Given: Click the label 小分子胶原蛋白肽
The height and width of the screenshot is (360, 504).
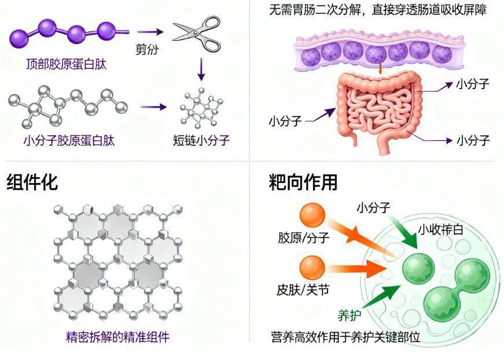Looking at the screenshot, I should (69, 141).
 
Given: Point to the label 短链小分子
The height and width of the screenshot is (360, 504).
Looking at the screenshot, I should (202, 141).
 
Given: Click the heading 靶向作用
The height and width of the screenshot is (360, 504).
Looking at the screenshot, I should (303, 182).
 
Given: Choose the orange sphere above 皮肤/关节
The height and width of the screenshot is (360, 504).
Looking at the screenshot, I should (312, 267).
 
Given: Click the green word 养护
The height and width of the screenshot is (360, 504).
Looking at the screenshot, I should (350, 315).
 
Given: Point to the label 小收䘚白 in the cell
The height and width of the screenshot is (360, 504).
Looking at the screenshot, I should (441, 230).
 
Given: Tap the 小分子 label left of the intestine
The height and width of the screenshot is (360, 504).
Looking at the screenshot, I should (285, 122).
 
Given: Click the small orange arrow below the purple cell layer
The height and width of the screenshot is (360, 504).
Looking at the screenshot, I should (380, 68).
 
